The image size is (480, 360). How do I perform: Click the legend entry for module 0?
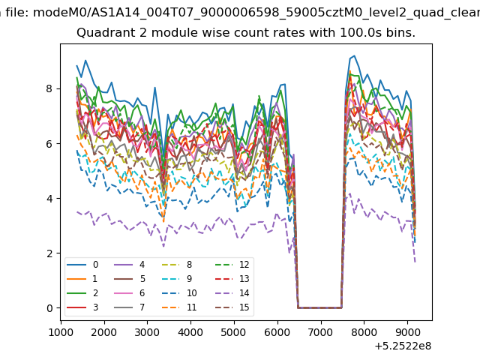(82, 265)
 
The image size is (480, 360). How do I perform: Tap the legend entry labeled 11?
(178, 307)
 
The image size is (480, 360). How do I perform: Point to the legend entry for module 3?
(82, 307)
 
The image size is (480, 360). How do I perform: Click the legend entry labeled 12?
(232, 265)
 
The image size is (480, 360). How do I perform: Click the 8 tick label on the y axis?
(49, 88)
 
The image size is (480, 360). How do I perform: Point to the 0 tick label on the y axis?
(49, 308)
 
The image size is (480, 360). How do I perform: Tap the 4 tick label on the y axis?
(49, 198)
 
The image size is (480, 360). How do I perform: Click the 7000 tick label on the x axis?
(320, 332)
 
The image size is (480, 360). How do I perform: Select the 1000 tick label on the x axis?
(61, 332)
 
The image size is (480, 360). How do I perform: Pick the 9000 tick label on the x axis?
(407, 332)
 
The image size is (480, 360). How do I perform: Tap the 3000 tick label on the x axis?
(147, 332)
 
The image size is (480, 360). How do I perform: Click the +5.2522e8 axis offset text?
(403, 346)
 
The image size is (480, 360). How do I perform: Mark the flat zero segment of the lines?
(319, 307)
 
